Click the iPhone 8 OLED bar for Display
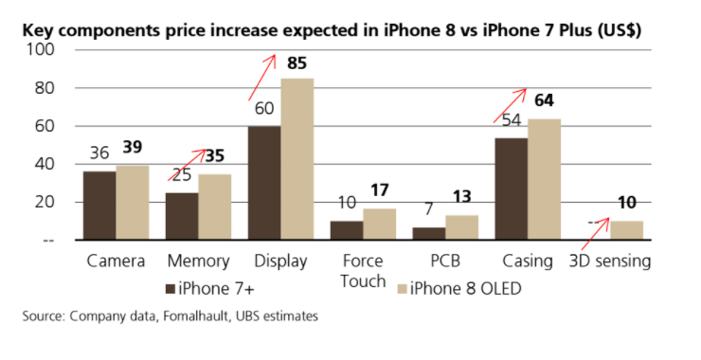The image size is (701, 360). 297,159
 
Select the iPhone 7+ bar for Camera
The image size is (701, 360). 99,206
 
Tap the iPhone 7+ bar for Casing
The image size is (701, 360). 512,189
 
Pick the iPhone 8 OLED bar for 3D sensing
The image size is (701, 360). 627,230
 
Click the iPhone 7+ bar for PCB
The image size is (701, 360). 429,233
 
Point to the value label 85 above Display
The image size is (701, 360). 297,63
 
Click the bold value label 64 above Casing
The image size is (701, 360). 544,100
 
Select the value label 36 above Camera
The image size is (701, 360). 99,153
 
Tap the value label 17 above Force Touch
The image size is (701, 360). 380,190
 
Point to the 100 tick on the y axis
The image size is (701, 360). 40,49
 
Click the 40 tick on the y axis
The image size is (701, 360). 45,164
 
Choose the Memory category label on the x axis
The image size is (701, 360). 199,261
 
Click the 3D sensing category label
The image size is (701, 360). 610,261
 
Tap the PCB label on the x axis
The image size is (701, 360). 445,261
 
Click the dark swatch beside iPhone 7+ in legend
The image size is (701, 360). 170,289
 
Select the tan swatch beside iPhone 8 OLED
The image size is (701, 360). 402,289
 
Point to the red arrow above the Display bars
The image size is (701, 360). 262,78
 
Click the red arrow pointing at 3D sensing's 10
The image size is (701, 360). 596,234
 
